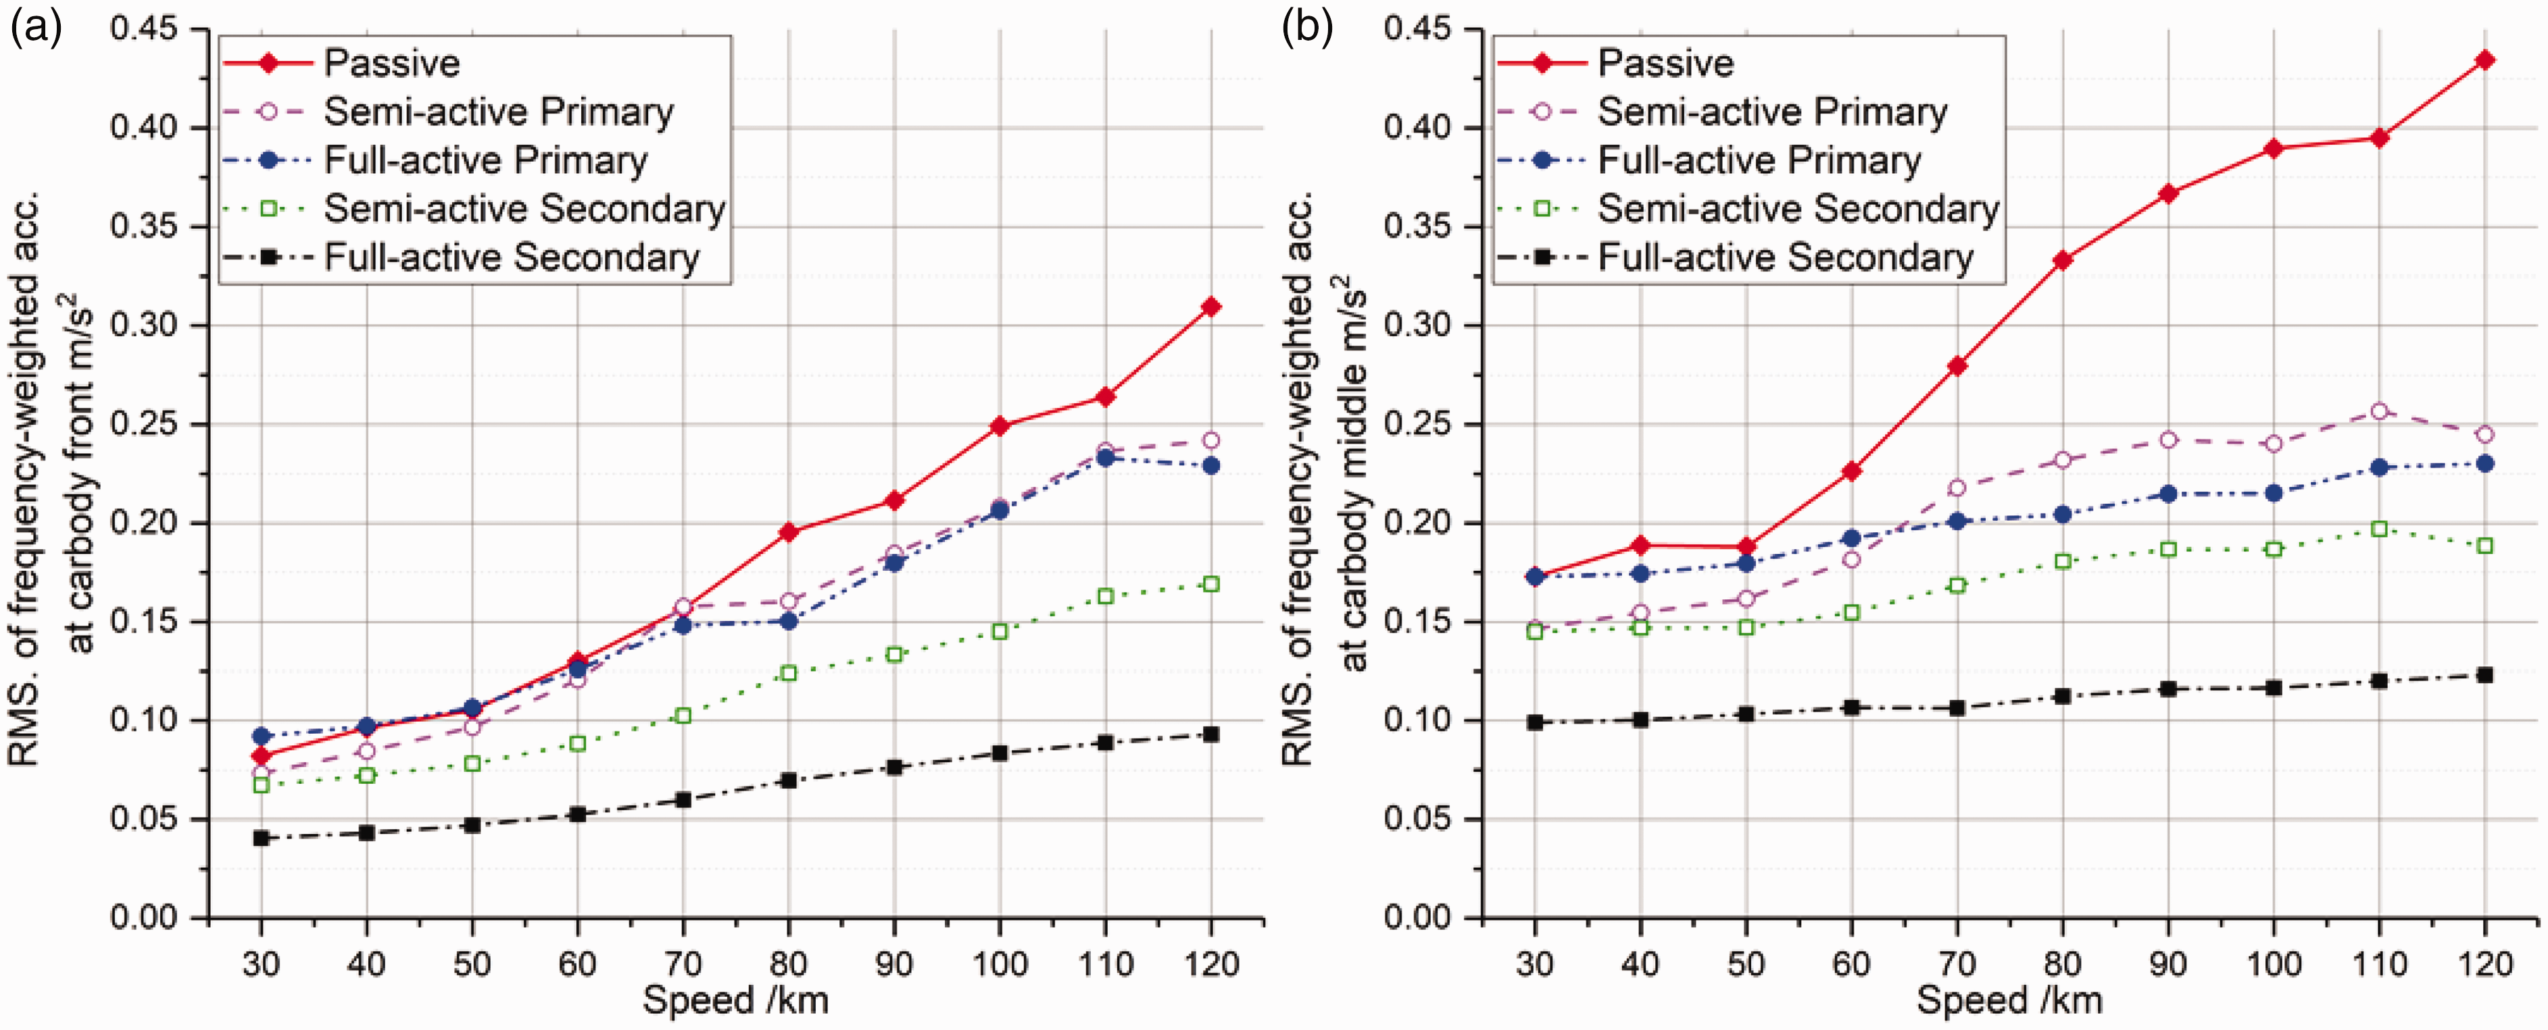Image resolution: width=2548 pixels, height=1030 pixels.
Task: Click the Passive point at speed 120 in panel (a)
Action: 1210,307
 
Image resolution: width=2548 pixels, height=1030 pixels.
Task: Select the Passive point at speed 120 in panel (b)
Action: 2484,60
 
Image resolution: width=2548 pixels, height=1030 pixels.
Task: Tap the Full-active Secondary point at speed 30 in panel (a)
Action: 261,838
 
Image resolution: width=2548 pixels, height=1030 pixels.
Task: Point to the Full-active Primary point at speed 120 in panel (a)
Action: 1210,465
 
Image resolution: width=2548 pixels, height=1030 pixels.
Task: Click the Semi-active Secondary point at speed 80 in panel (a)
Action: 788,673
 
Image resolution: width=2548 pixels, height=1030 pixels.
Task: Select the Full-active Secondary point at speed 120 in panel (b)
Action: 2484,675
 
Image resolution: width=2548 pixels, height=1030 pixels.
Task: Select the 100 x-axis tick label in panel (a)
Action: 999,963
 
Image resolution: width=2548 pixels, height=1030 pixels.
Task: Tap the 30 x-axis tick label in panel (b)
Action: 1534,963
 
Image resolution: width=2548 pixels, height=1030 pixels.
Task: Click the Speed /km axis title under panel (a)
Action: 736,1000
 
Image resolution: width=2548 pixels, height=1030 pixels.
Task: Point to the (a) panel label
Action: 36,28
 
